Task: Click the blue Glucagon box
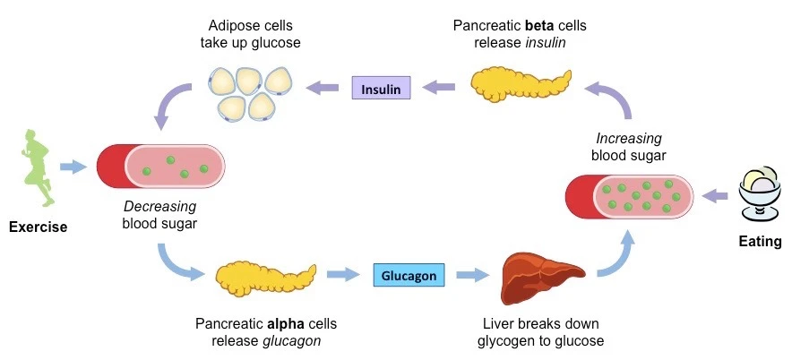tap(409, 276)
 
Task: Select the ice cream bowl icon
tap(760, 193)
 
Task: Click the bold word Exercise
tap(38, 227)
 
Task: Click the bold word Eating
tap(759, 242)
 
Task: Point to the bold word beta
tap(538, 26)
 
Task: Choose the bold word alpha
tap(285, 323)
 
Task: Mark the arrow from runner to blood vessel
tap(73, 167)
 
